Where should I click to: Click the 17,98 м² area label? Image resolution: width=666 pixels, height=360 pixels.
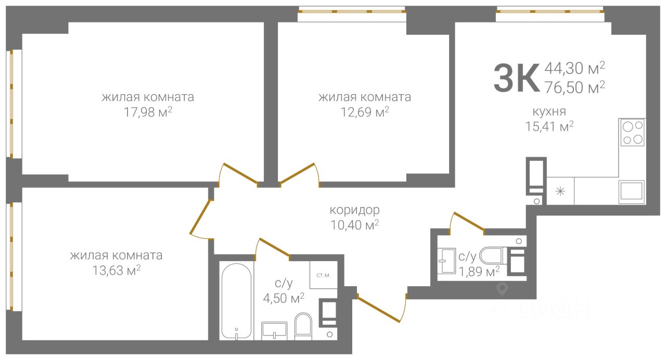(x=148, y=112)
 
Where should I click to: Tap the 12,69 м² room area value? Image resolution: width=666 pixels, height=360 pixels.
(x=365, y=112)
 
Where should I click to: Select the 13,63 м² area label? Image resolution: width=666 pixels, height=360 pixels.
(x=116, y=270)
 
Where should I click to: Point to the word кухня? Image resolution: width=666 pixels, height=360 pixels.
(x=549, y=112)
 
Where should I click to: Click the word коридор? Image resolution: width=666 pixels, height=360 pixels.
(x=355, y=210)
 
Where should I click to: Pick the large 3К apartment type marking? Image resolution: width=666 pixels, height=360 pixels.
(x=517, y=78)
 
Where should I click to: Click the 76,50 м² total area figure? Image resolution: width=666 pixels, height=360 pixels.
(x=575, y=87)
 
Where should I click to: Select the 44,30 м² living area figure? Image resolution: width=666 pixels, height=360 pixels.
(x=575, y=68)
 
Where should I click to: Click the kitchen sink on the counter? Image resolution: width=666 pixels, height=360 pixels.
(x=632, y=192)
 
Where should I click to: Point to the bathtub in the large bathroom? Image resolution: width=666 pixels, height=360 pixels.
(x=237, y=301)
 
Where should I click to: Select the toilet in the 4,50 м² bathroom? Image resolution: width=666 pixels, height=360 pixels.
(x=303, y=326)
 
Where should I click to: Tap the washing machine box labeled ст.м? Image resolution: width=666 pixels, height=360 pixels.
(x=324, y=275)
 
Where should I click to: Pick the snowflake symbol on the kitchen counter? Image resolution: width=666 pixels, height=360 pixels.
(x=560, y=191)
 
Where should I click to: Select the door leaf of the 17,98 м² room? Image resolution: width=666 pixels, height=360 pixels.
(x=240, y=173)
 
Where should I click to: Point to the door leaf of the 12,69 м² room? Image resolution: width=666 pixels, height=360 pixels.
(x=297, y=173)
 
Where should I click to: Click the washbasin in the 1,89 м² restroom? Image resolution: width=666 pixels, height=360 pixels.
(x=447, y=261)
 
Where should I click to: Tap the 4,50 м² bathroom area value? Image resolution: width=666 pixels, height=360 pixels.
(x=284, y=298)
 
